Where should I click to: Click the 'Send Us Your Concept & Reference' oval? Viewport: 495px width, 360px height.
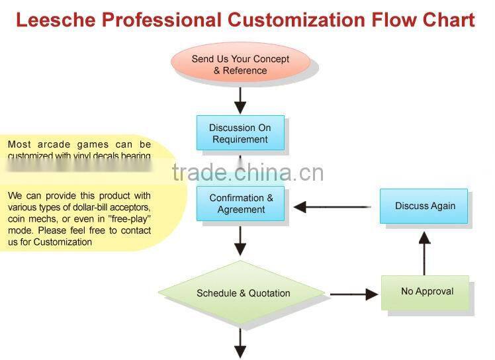240,64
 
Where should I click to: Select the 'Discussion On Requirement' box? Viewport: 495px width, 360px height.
240,133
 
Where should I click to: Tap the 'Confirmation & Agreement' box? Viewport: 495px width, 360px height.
241,203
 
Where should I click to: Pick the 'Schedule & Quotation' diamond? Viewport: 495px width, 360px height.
243,293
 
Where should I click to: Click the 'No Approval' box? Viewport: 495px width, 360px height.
427,291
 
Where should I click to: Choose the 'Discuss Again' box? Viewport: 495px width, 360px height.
424,206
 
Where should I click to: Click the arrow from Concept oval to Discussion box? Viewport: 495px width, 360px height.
240,101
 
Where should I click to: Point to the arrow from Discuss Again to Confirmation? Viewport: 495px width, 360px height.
331,207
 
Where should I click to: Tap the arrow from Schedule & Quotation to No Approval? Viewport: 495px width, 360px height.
353,294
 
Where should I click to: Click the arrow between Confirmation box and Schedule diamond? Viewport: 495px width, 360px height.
240,240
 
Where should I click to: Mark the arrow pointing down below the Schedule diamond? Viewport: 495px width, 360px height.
240,343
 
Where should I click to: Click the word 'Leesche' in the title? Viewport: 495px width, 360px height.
52,20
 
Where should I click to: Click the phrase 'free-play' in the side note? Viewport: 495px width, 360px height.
130,219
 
